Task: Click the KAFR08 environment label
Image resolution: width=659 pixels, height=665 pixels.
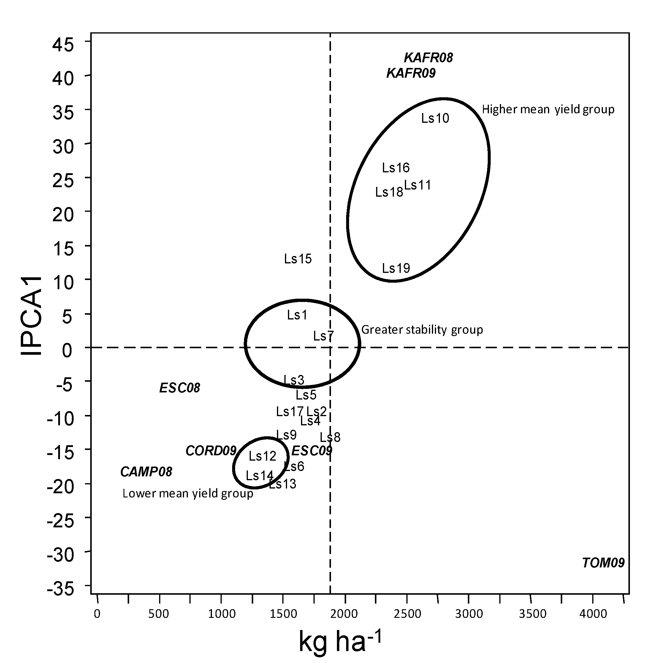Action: pyautogui.click(x=428, y=58)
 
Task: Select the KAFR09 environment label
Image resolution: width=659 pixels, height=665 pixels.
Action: pyautogui.click(x=411, y=73)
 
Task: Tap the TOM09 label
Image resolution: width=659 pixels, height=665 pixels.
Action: pyautogui.click(x=603, y=563)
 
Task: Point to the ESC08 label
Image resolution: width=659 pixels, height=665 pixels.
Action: pyautogui.click(x=180, y=388)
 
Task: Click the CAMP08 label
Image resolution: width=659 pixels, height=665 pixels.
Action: pyautogui.click(x=146, y=472)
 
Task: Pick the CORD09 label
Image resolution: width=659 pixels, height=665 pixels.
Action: pyautogui.click(x=211, y=451)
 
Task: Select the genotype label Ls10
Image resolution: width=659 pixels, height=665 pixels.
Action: pyautogui.click(x=435, y=118)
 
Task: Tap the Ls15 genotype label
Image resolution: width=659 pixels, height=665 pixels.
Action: pyautogui.click(x=298, y=259)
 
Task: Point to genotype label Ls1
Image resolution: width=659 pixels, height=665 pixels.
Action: pyautogui.click(x=297, y=315)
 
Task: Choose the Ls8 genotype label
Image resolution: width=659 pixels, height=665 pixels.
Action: pyautogui.click(x=330, y=437)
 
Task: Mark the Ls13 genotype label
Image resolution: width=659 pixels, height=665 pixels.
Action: pyautogui.click(x=283, y=484)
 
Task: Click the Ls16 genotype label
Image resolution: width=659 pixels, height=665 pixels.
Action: pyautogui.click(x=396, y=168)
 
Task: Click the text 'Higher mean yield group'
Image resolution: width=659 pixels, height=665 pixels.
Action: pyautogui.click(x=548, y=109)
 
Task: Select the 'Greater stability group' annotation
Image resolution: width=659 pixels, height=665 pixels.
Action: pyautogui.click(x=422, y=330)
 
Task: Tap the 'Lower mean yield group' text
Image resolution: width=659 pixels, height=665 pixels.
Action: pyautogui.click(x=188, y=494)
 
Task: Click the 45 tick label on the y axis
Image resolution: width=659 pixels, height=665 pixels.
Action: pyautogui.click(x=63, y=45)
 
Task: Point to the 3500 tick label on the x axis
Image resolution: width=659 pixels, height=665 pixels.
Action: pyautogui.click(x=533, y=614)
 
